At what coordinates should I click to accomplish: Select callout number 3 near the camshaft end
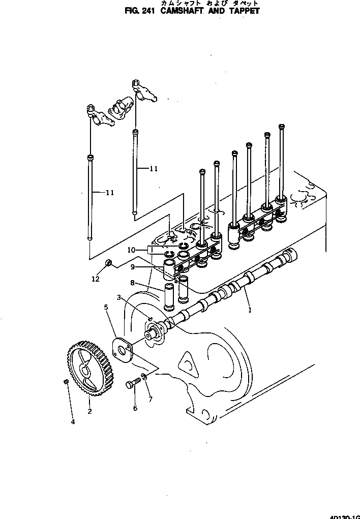pyautogui.click(x=118, y=297)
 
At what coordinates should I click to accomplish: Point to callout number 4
pyautogui.click(x=72, y=421)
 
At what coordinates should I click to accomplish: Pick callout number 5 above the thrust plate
pyautogui.click(x=106, y=307)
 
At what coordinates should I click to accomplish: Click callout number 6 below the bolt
pyautogui.click(x=135, y=408)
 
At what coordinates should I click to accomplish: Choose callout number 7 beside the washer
pyautogui.click(x=150, y=400)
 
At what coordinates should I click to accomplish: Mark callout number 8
pyautogui.click(x=132, y=283)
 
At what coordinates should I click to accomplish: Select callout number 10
pyautogui.click(x=131, y=250)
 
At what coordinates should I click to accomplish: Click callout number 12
pyautogui.click(x=95, y=278)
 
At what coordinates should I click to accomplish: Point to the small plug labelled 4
pyautogui.click(x=67, y=382)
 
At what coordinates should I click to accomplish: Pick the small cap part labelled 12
pyautogui.click(x=108, y=263)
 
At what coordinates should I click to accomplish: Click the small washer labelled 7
pyautogui.click(x=144, y=376)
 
